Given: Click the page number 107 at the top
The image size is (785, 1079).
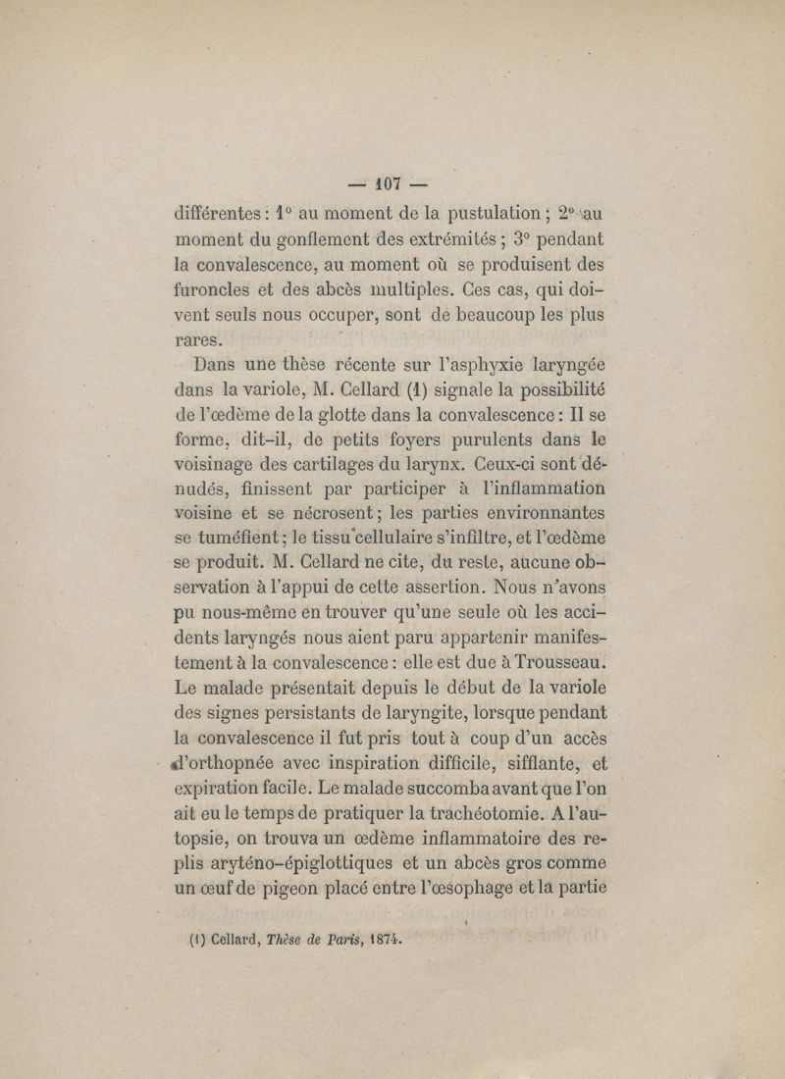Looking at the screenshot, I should (392, 181).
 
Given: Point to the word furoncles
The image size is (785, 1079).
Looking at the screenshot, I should (215, 290).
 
